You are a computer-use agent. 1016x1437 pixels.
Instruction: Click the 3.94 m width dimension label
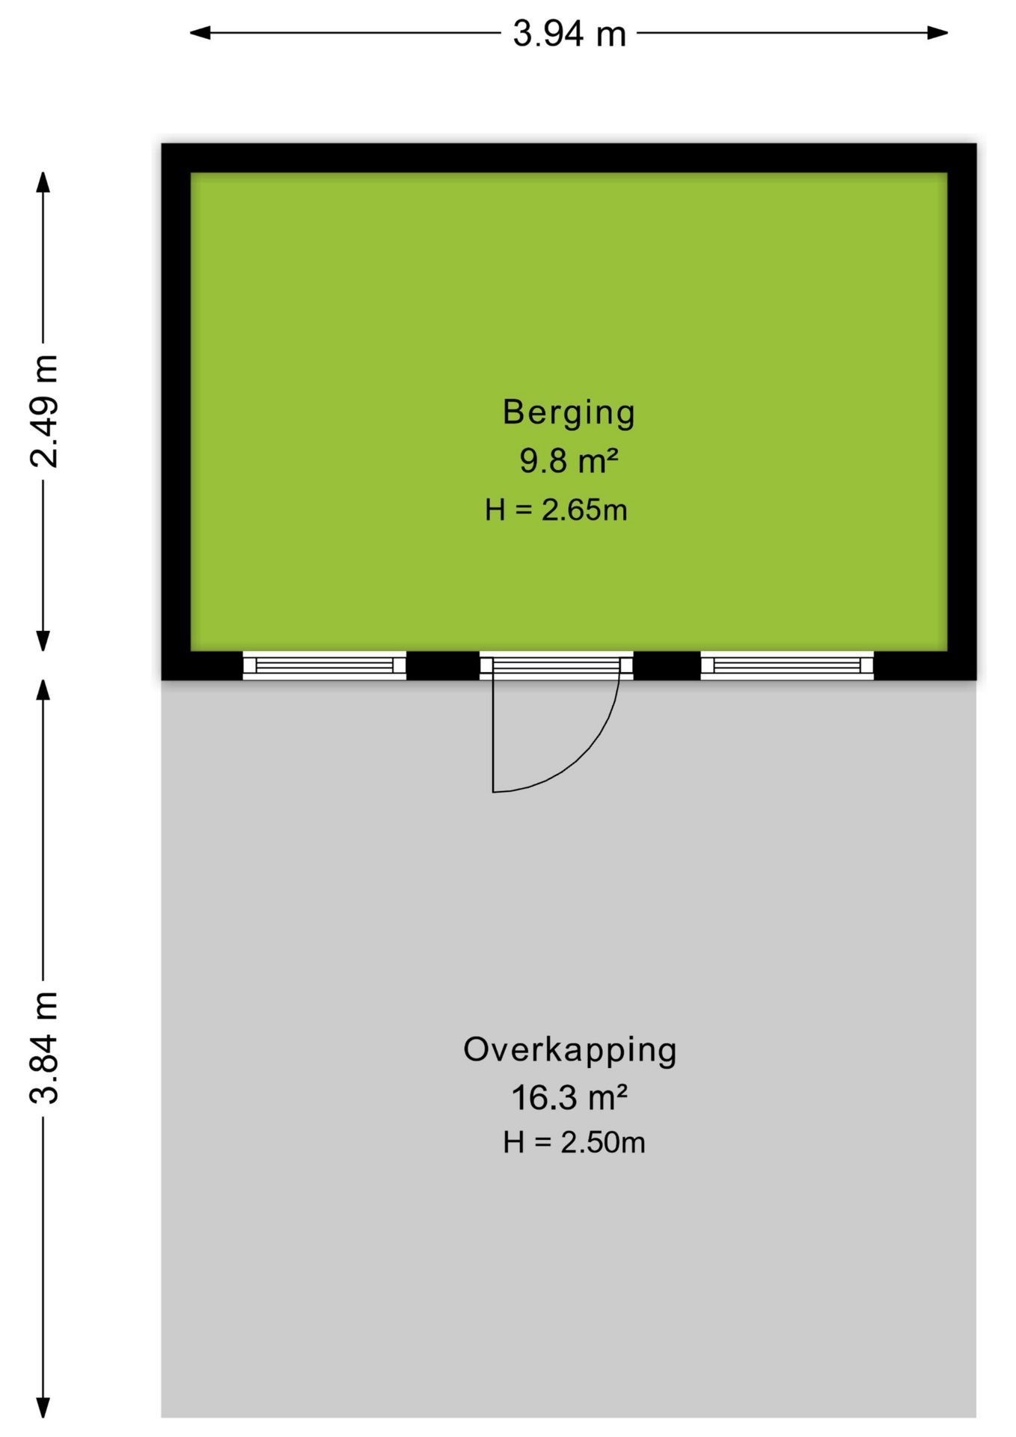pos(569,34)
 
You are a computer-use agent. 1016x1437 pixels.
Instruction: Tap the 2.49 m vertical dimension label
pos(44,412)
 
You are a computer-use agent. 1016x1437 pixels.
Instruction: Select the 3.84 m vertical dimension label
pos(44,1047)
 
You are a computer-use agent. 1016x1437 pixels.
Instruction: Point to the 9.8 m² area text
pos(569,461)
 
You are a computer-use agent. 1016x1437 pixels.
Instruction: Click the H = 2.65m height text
pos(556,510)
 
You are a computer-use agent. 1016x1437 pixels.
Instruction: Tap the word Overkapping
pos(570,1051)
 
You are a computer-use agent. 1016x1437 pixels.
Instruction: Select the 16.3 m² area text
pos(569,1098)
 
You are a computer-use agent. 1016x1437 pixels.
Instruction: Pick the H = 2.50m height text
pos(574,1142)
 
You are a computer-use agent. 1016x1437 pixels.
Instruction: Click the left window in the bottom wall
pos(325,665)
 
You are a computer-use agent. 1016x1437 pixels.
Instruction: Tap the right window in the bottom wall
pos(787,665)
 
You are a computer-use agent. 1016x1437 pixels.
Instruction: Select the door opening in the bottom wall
pos(557,665)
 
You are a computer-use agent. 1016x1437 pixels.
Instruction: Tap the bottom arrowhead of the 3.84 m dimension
pos(44,1408)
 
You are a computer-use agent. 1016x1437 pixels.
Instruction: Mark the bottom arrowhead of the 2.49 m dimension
pos(44,641)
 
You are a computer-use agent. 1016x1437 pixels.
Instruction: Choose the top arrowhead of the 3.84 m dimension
pos(44,689)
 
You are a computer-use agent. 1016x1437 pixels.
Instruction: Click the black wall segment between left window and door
pos(443,665)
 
